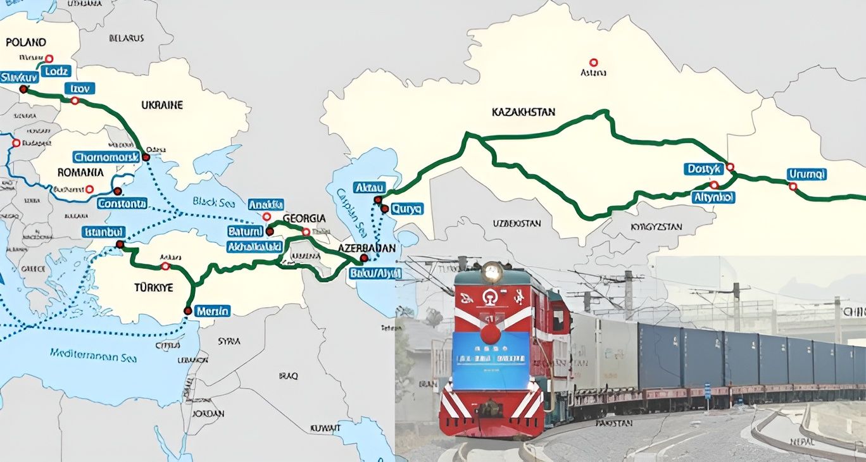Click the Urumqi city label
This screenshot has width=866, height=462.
tap(807, 174)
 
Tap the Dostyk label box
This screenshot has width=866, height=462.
tap(703, 169)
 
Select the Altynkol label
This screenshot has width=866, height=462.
tap(713, 197)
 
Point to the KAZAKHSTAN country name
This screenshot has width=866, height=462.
tap(524, 112)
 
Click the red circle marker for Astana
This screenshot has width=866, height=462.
tap(593, 62)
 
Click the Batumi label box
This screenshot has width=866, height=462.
tap(245, 232)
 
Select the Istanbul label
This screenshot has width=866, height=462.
tap(103, 232)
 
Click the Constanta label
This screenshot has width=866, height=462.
tap(122, 204)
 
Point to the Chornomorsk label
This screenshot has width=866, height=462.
tap(106, 157)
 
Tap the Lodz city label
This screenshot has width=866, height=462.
tap(56, 71)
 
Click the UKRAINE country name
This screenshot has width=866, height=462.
tap(162, 104)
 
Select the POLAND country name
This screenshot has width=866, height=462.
tap(26, 42)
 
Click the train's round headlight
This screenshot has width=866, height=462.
tap(491, 273)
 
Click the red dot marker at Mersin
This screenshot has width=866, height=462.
tap(187, 311)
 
